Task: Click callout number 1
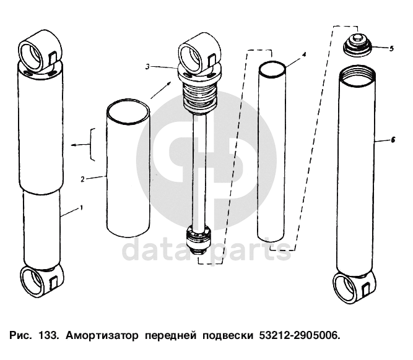click(81, 208)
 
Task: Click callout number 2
click(83, 179)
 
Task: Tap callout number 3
click(147, 67)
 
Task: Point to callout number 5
click(391, 48)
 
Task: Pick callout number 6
click(393, 140)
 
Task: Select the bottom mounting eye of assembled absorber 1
click(42, 281)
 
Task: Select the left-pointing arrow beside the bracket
click(81, 145)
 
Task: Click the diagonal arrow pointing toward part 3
click(161, 90)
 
